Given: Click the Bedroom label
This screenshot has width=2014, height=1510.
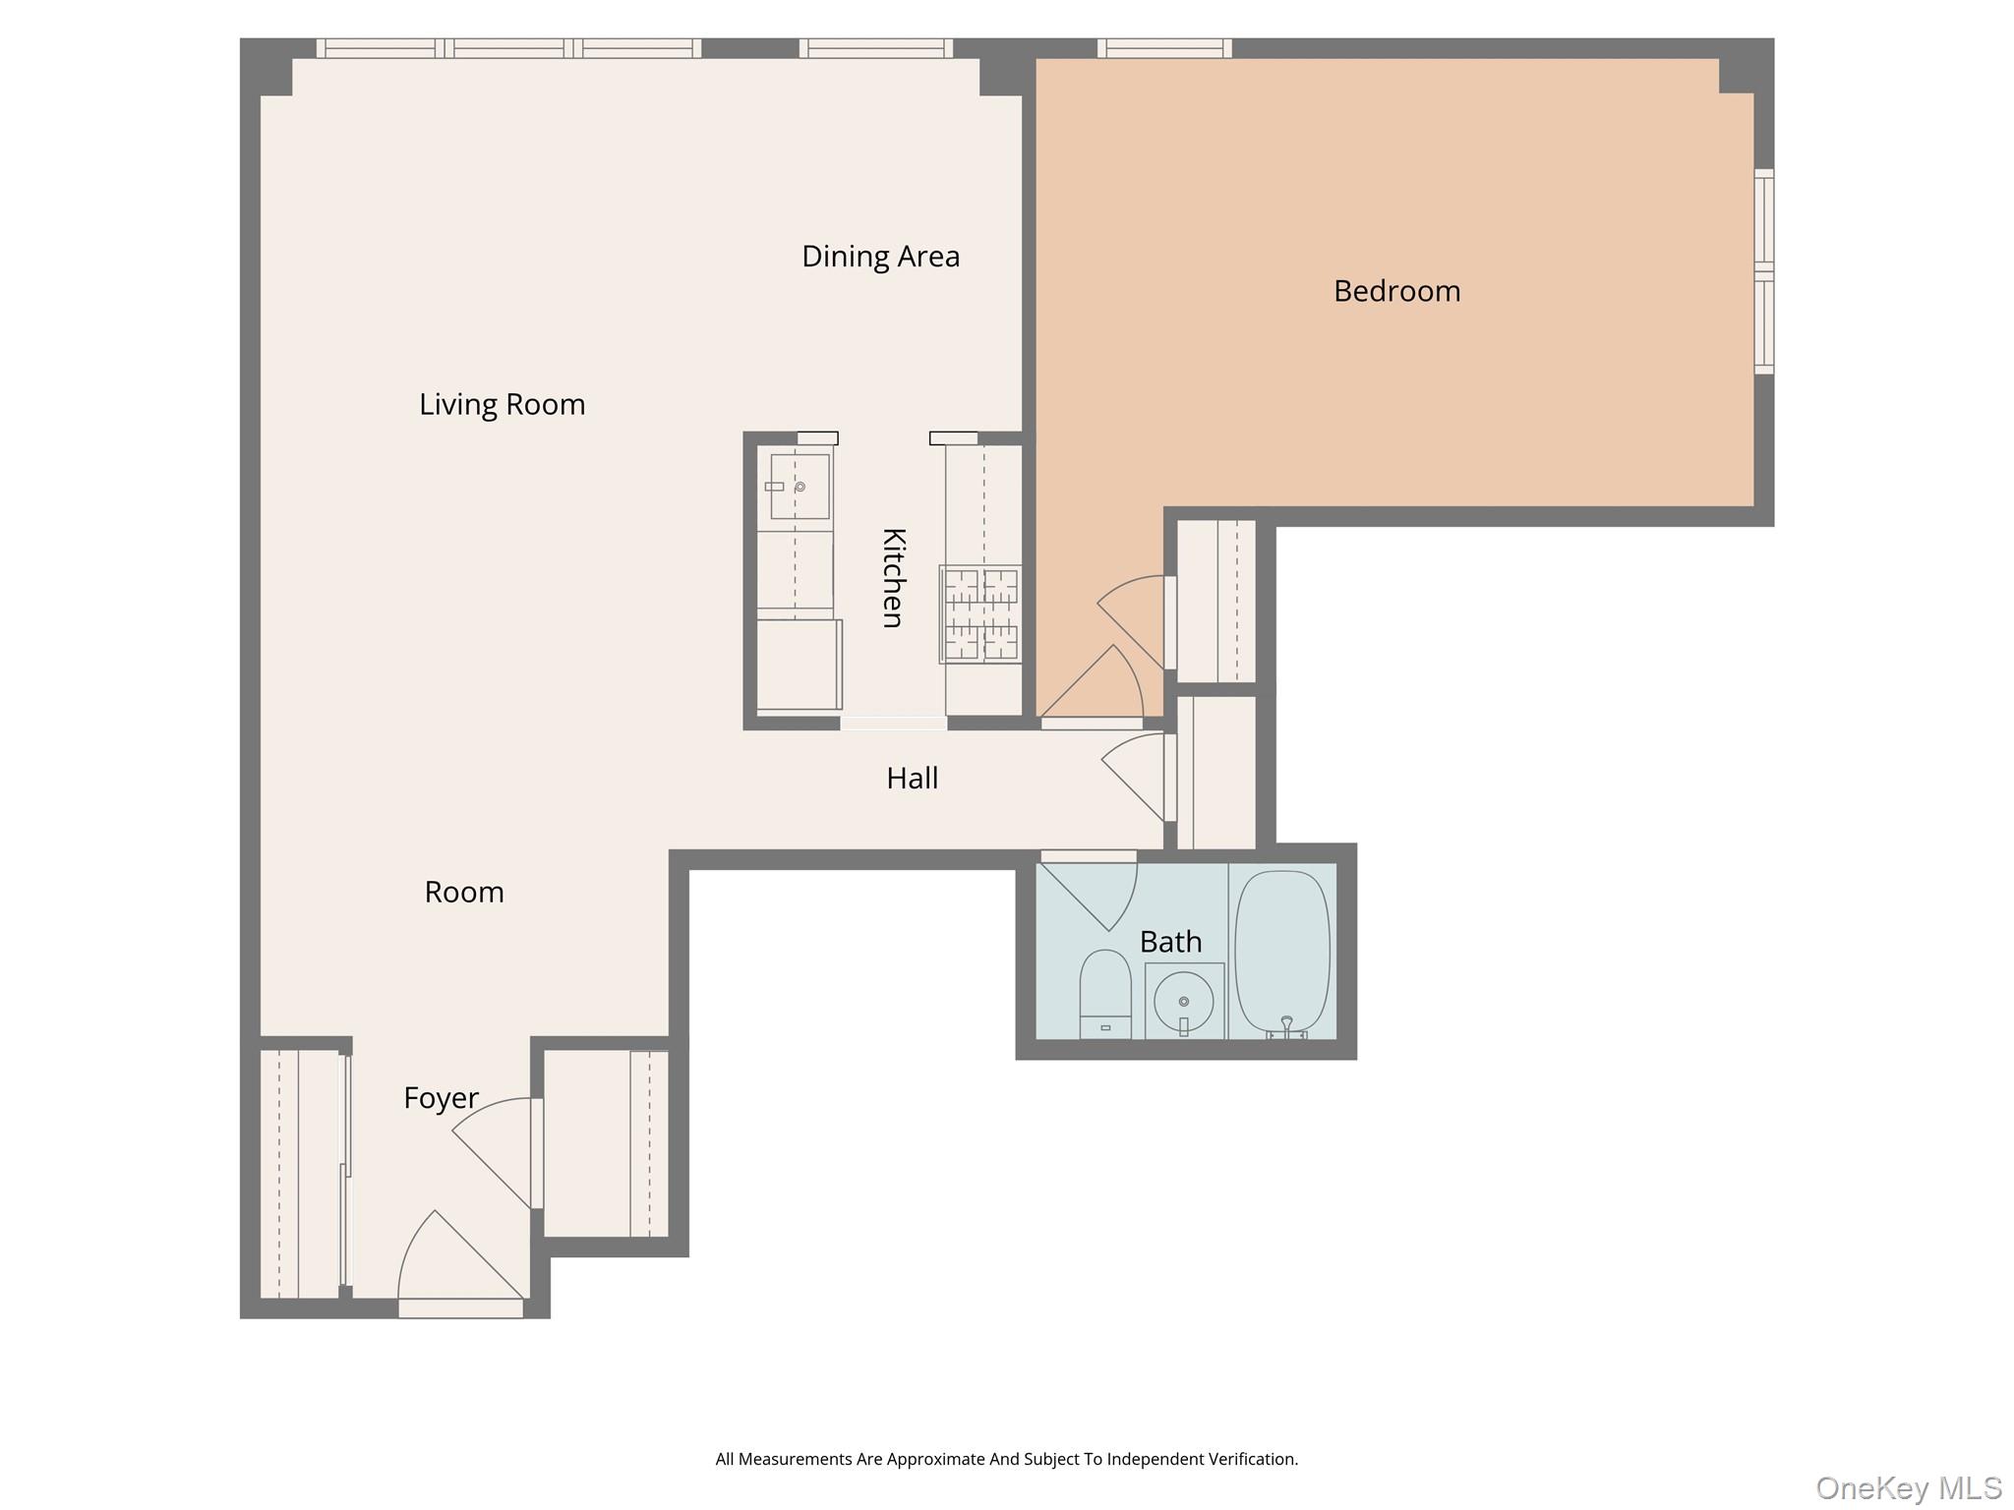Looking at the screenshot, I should tap(1396, 291).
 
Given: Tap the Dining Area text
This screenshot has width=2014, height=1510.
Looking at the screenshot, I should tap(880, 257).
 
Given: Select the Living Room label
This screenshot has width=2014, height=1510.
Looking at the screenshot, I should tap(502, 404).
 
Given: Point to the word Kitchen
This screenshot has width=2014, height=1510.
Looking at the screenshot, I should tap(893, 577).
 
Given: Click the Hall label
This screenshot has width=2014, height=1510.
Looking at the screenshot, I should tap(912, 779).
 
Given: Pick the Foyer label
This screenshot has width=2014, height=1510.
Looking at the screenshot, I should tap(441, 1098).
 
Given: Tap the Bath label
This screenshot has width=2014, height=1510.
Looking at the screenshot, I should tap(1170, 942).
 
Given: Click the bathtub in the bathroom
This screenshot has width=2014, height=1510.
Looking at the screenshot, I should tap(1282, 952).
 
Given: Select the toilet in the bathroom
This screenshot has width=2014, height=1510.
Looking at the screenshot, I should tap(1105, 993).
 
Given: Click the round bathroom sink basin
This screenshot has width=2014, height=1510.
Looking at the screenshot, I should tap(1184, 1001).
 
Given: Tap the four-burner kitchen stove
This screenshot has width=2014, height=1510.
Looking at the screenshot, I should tap(980, 613).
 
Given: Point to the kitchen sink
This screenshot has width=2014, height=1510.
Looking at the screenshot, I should tap(800, 487).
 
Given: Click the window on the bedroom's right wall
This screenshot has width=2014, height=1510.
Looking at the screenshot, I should tap(1764, 271).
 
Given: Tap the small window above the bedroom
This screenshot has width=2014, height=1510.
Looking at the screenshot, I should tap(1164, 48).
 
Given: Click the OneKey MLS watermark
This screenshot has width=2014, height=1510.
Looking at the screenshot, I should tap(1908, 1487).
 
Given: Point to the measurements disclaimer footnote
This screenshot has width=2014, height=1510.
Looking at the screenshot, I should tap(1006, 1459).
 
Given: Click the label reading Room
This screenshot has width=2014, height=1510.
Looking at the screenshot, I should tap(464, 893).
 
